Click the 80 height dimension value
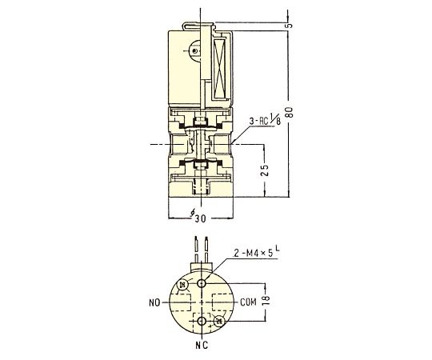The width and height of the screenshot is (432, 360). [290, 111]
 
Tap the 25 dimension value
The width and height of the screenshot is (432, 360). [265, 170]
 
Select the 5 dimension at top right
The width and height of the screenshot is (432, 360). [290, 26]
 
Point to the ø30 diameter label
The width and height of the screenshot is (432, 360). [198, 217]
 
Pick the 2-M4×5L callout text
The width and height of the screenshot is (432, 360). [257, 253]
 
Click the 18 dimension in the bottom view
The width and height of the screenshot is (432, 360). [266, 300]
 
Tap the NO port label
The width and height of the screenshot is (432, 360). [154, 302]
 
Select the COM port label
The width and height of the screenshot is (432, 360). [248, 302]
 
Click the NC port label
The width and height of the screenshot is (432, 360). [202, 345]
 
